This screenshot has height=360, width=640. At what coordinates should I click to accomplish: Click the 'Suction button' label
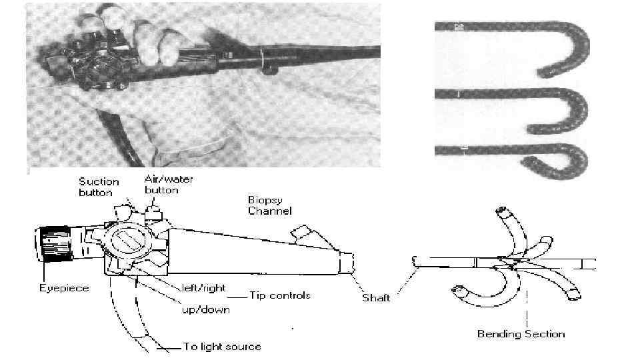coord(99,186)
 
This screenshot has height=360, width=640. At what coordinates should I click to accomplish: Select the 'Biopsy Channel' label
coord(269,205)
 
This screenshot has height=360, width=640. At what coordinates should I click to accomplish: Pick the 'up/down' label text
coord(207,309)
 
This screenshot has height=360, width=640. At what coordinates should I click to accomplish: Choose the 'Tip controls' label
coord(280,295)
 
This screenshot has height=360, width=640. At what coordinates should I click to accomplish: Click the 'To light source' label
coord(221,347)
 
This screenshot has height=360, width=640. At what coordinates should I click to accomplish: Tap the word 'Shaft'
coord(375,297)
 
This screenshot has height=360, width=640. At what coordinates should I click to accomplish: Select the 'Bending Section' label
coord(521,333)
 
